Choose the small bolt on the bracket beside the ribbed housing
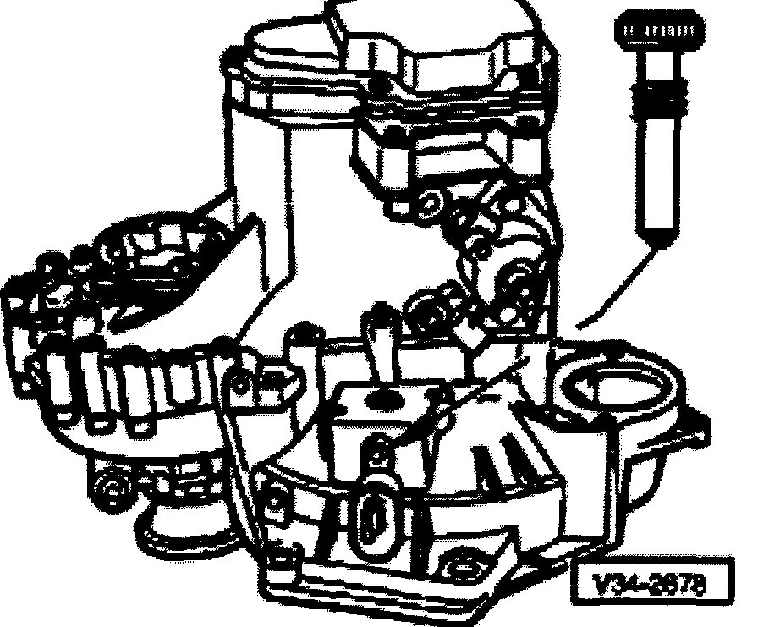pos(242,385)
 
